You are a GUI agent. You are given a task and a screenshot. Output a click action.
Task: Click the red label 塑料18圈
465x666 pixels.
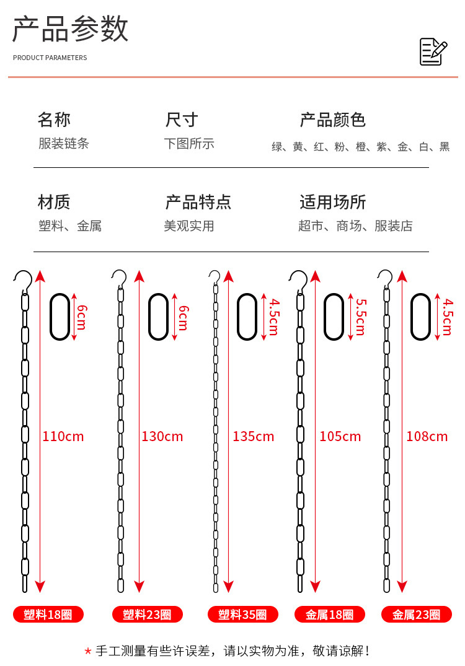pyautogui.click(x=48, y=615)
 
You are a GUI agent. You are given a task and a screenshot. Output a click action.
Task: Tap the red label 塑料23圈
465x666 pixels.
pyautogui.click(x=148, y=615)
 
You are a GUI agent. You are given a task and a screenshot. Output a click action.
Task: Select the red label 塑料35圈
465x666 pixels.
pyautogui.click(x=243, y=615)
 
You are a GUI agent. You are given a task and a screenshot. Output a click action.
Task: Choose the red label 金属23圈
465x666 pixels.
pyautogui.click(x=417, y=615)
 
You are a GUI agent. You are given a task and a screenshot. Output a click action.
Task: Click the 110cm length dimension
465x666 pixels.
pyautogui.click(x=63, y=436)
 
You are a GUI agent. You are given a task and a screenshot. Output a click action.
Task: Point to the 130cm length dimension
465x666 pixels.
pyautogui.click(x=162, y=436)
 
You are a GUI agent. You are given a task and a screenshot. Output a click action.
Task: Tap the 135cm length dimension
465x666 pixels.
pyautogui.click(x=253, y=436)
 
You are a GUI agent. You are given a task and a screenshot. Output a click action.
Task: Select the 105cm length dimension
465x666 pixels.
pyautogui.click(x=340, y=436)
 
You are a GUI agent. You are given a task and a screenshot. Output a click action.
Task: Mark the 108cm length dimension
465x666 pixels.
pyautogui.click(x=427, y=436)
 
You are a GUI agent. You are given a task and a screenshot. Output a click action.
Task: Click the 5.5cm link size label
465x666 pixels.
pyautogui.click(x=361, y=317)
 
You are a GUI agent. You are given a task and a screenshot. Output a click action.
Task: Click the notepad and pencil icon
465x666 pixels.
pyautogui.click(x=433, y=51)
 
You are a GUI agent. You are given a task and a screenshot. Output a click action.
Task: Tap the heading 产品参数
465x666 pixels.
pyautogui.click(x=70, y=29)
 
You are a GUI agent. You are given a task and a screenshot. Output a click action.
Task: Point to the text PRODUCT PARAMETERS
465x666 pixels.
pyautogui.click(x=50, y=58)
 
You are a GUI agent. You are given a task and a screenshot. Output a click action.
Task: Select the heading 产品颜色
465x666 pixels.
pyautogui.click(x=333, y=120)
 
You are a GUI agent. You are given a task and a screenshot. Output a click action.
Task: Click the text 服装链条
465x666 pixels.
pyautogui.click(x=63, y=144)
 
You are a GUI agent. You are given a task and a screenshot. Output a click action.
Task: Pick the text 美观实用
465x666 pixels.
pyautogui.click(x=189, y=226)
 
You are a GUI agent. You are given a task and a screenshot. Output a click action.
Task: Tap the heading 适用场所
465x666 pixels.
pyautogui.click(x=333, y=202)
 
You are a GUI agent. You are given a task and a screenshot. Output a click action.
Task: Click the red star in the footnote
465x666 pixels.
pyautogui.click(x=88, y=651)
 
